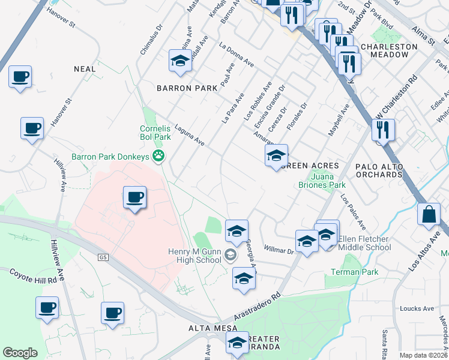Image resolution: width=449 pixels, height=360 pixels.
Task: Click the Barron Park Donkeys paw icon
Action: pyautogui.click(x=159, y=157)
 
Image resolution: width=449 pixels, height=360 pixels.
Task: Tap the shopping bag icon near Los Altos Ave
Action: pyautogui.click(x=430, y=215)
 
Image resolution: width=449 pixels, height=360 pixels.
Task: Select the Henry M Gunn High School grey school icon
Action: pyautogui.click(x=229, y=256)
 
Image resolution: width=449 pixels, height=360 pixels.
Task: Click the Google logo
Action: pyautogui.click(x=20, y=352)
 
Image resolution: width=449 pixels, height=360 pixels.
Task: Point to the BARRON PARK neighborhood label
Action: pyautogui.click(x=187, y=88)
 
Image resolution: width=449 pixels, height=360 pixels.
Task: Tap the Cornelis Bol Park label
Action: pyautogui.click(x=155, y=133)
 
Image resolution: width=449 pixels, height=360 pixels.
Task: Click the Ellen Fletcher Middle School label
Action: pyautogui.click(x=364, y=244)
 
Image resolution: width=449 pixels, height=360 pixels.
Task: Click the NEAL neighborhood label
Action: pyautogui.click(x=85, y=69)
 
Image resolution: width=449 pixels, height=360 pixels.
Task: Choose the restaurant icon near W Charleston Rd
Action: pyautogui.click(x=382, y=129)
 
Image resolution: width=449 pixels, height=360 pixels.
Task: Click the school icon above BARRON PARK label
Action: pyautogui.click(x=179, y=61)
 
